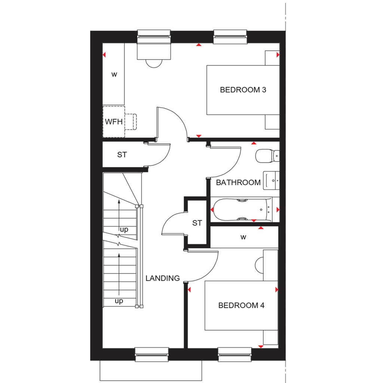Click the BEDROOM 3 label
pyautogui.click(x=243, y=90)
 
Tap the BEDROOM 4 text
pyautogui.click(x=241, y=305)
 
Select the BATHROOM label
pyautogui.click(x=238, y=183)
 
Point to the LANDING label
pyautogui.click(x=163, y=278)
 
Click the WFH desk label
pyautogui.click(x=113, y=122)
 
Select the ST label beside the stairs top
pyautogui.click(x=122, y=154)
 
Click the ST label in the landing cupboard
pyautogui.click(x=197, y=223)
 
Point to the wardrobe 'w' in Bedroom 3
pyautogui.click(x=114, y=74)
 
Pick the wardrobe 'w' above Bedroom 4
pyautogui.click(x=243, y=237)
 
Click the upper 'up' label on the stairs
pyautogui.click(x=124, y=229)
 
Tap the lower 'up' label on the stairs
pyautogui.click(x=119, y=301)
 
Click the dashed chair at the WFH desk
pyautogui.click(x=131, y=122)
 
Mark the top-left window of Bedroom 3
pyautogui.click(x=155, y=37)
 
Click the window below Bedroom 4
pyautogui.click(x=235, y=355)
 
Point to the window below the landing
pyautogui.click(x=151, y=355)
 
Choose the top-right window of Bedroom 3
pyautogui.click(x=230, y=37)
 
